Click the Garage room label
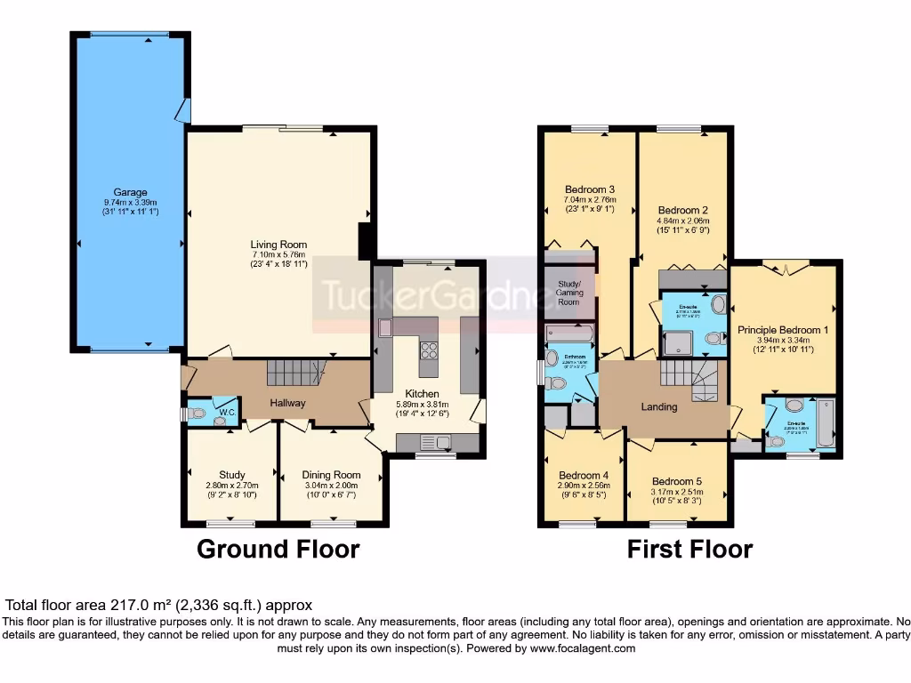point(130,192)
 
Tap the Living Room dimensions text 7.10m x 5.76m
point(278,254)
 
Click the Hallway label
point(286,403)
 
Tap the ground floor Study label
point(231,475)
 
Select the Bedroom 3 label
point(590,189)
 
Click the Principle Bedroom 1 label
point(783,329)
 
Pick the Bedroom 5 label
point(676,481)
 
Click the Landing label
point(659,407)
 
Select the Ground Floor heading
point(278,549)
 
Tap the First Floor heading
point(689,549)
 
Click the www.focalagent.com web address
point(583,649)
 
